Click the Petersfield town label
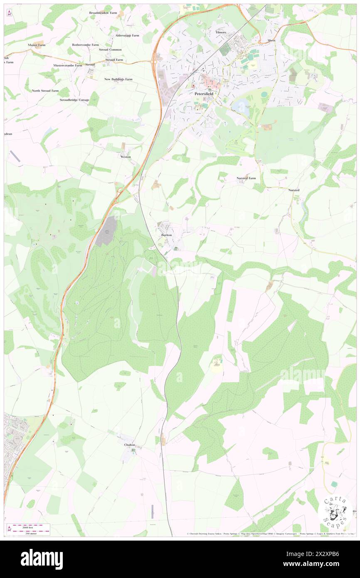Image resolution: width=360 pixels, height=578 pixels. pyautogui.click(x=204, y=94)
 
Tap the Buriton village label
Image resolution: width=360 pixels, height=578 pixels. pyautogui.click(x=166, y=235)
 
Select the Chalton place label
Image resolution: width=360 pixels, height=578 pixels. pyautogui.click(x=130, y=445)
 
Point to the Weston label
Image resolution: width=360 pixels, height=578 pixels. pyautogui.click(x=126, y=157)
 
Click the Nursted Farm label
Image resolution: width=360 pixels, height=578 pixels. pyautogui.click(x=246, y=178)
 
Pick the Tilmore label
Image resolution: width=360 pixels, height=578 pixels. pyautogui.click(x=221, y=32)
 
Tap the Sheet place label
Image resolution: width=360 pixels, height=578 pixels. pyautogui.click(x=271, y=40)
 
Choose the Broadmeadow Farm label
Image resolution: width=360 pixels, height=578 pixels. pyautogui.click(x=103, y=13)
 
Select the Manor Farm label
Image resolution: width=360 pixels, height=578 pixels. pyautogui.click(x=37, y=44)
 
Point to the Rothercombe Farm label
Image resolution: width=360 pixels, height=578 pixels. pyautogui.click(x=85, y=44)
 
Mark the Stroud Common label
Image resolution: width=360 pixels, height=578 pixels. pyautogui.click(x=110, y=49)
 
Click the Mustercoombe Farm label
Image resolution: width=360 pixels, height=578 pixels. pyautogui.click(x=68, y=65)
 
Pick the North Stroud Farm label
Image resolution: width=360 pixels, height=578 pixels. pyautogui.click(x=45, y=90)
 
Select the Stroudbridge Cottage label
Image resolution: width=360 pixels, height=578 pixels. pyautogui.click(x=74, y=100)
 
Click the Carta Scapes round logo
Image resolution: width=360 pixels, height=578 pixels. pyautogui.click(x=335, y=510)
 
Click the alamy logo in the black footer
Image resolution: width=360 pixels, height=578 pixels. pyautogui.click(x=42, y=559)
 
